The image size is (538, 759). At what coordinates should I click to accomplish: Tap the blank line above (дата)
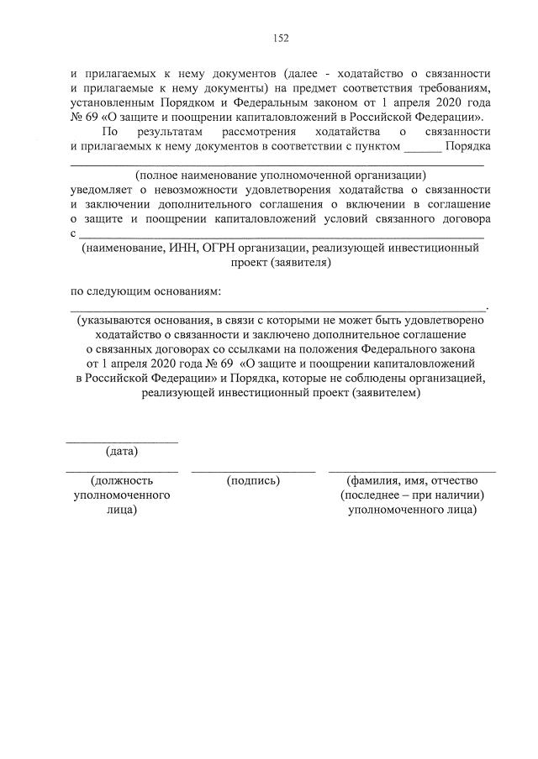[x=122, y=440]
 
